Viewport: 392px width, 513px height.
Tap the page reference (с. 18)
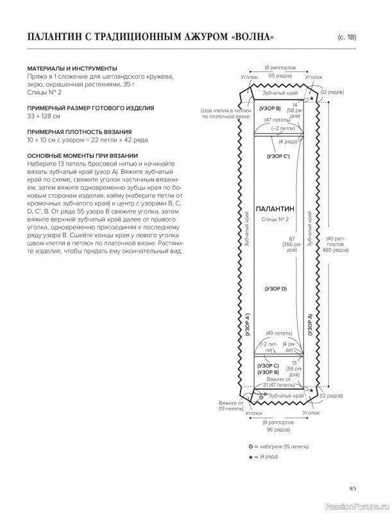click(x=346, y=37)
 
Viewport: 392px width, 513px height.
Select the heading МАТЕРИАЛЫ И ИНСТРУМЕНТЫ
click(x=72, y=69)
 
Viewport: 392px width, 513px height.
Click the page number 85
click(x=352, y=489)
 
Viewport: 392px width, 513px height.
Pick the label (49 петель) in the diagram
click(x=279, y=333)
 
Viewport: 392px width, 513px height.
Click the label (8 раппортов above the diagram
click(x=280, y=67)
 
